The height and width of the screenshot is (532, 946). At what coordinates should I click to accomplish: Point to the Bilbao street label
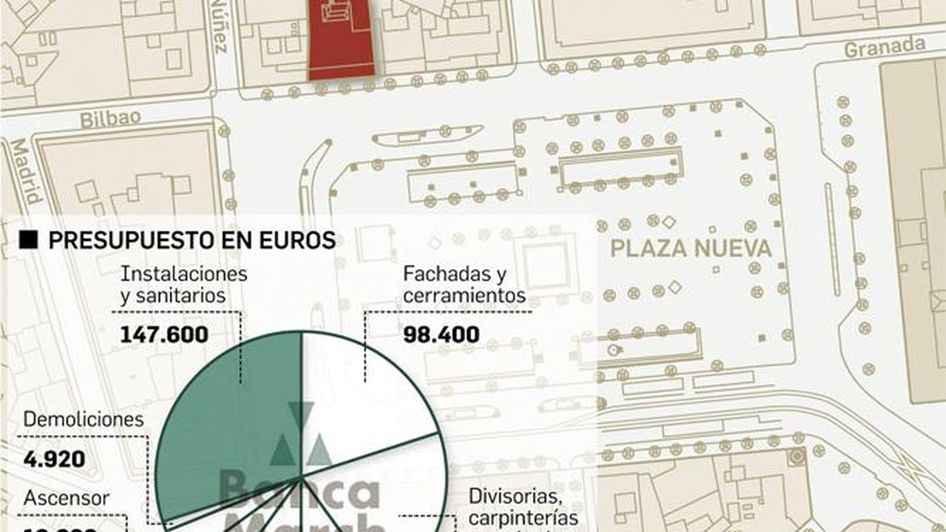(x=111, y=118)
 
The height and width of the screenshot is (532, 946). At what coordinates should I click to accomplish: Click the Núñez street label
(x=219, y=27)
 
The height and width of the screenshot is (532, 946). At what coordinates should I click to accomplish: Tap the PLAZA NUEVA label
(x=691, y=249)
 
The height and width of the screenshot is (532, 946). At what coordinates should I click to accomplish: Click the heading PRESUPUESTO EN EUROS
(x=192, y=241)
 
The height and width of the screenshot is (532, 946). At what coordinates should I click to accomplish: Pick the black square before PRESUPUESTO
(x=28, y=240)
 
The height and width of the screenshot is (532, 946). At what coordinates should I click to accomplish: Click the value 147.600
(x=164, y=335)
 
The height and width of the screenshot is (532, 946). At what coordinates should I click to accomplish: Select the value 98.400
(x=441, y=335)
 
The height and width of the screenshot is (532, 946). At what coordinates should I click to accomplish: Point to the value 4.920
(x=54, y=459)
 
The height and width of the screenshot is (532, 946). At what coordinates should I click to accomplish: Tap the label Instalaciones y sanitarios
(x=183, y=284)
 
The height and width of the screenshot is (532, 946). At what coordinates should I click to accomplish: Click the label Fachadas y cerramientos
(x=464, y=284)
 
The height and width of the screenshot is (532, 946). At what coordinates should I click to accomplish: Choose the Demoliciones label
(x=83, y=419)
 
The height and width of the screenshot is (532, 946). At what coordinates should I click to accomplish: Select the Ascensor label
(x=66, y=498)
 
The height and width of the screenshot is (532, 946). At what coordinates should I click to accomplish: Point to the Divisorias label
(x=513, y=497)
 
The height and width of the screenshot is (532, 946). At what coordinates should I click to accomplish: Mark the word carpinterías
(x=523, y=518)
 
